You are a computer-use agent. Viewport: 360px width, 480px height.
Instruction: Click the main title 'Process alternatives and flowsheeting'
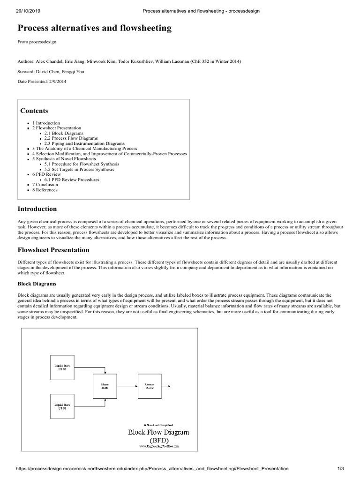pyautogui.click(x=95, y=28)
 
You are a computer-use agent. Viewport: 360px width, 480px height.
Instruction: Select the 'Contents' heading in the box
pyautogui.click(x=34, y=111)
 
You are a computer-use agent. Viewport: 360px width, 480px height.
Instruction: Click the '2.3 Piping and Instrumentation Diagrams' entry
pyautogui.click(x=84, y=143)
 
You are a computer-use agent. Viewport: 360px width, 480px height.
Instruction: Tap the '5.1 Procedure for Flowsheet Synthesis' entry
pyautogui.click(x=82, y=164)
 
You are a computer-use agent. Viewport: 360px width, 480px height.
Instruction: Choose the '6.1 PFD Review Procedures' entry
pyautogui.click(x=72, y=180)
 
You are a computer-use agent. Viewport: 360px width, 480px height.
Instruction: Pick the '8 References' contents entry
pyautogui.click(x=45, y=190)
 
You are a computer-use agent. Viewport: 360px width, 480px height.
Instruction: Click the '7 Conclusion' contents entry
pyautogui.click(x=45, y=185)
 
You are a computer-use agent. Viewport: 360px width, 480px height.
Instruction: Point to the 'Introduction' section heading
pyautogui.click(x=37, y=209)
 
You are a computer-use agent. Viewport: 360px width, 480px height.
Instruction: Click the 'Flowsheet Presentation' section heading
pyautogui.click(x=53, y=250)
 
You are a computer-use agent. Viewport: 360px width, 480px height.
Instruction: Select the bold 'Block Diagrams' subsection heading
pyautogui.click(x=37, y=284)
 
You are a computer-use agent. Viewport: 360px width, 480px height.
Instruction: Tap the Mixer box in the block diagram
pyautogui.click(x=105, y=386)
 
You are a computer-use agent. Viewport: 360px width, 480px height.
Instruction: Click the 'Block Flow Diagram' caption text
pyautogui.click(x=158, y=432)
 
